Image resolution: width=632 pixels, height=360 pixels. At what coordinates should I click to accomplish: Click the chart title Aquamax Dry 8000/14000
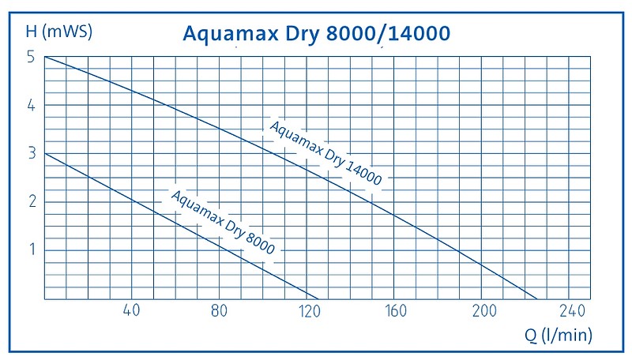316,33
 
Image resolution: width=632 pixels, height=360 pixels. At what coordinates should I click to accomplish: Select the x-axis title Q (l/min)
559,335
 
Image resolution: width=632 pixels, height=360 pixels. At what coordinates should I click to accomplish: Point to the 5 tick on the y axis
30,57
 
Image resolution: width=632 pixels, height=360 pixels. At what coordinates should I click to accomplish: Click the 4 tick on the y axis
30,105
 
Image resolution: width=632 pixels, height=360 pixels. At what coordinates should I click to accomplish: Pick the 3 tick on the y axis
30,153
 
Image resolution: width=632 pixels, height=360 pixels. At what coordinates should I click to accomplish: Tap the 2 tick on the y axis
30,201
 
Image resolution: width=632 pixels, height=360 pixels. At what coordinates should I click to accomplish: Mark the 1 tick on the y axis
30,250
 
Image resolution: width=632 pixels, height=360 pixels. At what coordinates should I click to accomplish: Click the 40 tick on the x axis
132,309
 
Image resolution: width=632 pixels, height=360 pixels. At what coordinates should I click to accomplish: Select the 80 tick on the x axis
220,309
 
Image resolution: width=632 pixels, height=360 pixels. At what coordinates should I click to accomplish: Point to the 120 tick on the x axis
307,309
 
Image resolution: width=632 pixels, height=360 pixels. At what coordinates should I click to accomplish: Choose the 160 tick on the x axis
395,309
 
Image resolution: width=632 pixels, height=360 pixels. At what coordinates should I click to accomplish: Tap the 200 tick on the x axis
483,309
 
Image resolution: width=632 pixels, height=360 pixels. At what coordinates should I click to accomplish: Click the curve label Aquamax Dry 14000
325,153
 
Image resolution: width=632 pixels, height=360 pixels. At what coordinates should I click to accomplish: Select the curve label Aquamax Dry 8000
223,223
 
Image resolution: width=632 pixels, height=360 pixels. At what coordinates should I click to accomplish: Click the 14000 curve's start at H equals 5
45,57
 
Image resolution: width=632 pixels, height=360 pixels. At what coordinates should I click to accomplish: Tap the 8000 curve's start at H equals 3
45,153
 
